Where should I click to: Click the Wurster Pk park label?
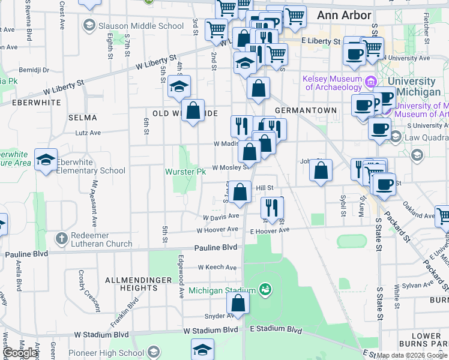(x=185, y=172)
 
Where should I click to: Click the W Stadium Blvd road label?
(x=211, y=331)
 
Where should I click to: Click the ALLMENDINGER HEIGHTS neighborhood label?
(x=131, y=284)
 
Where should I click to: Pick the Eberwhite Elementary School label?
(x=91, y=166)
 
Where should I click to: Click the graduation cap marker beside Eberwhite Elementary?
(x=46, y=160)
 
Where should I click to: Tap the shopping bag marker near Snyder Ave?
(x=238, y=303)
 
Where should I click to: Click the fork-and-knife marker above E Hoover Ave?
(x=272, y=208)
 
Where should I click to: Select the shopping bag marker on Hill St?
(x=240, y=192)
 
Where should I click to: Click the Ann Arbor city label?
(x=344, y=15)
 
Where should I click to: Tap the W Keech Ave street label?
(x=218, y=267)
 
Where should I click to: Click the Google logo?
(x=20, y=353)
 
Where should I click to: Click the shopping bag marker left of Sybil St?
(x=321, y=170)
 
